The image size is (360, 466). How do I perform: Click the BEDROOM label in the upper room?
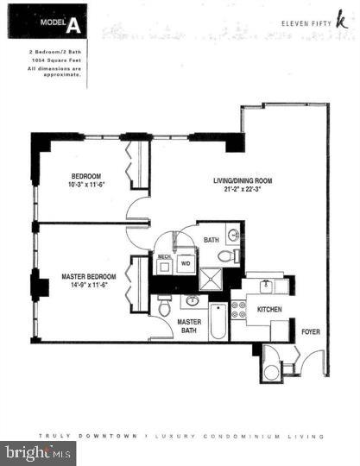point(87,176)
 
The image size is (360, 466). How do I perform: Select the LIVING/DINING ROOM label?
point(243,181)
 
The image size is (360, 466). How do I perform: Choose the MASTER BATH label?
point(190,326)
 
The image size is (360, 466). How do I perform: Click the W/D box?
point(186,264)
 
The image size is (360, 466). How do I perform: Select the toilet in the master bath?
point(164,306)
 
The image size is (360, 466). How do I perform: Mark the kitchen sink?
point(267,285)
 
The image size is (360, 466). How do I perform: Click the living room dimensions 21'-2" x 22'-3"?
point(243,190)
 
